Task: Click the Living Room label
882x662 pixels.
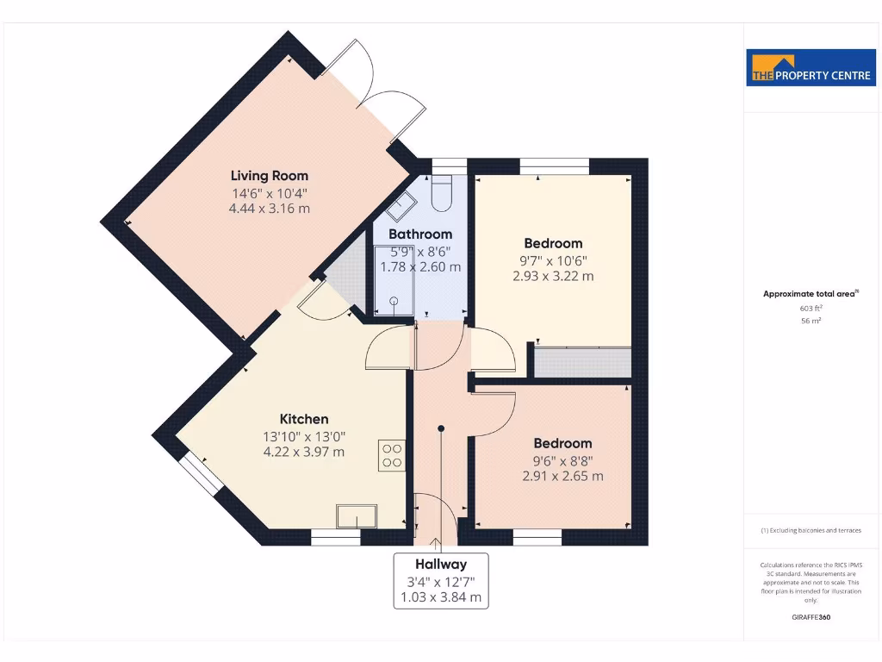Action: coord(269,176)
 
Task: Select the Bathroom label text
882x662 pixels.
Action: coord(420,234)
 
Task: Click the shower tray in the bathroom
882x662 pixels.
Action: coord(394,280)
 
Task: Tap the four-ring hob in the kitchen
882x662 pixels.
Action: coord(392,455)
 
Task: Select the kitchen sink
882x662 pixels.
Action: coord(357,515)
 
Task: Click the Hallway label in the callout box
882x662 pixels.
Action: coord(440,565)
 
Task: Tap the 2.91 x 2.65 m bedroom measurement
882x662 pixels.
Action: coord(562,476)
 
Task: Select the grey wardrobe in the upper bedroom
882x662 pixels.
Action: coord(582,361)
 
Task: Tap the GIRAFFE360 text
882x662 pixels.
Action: coord(811,617)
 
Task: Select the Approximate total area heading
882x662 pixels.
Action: coord(810,294)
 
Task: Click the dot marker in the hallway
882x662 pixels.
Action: coord(441,427)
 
